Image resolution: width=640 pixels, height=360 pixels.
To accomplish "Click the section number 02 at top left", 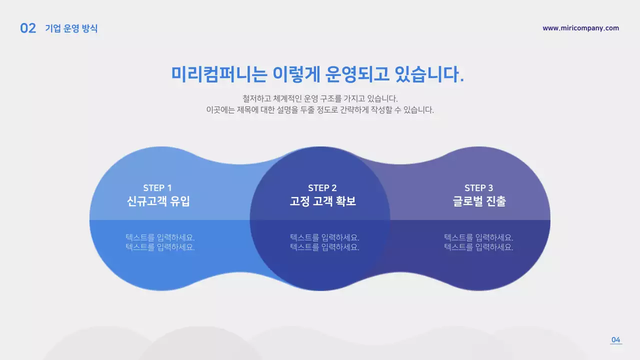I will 28,28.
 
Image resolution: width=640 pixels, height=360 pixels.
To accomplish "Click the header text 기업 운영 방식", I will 71,28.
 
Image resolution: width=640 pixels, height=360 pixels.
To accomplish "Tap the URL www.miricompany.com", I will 580,28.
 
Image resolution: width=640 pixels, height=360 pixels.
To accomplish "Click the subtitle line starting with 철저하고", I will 320,98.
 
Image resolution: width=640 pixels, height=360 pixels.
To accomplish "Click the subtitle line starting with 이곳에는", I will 320,110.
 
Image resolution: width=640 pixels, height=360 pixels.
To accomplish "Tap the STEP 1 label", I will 157,188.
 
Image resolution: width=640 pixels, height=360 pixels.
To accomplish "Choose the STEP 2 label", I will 322,188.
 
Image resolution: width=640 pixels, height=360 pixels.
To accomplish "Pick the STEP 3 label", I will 478,188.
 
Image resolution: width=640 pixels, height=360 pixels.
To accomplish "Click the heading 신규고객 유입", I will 158,201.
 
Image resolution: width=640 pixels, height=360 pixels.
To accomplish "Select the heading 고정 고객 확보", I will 323,201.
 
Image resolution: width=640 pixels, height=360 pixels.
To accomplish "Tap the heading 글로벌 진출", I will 479,201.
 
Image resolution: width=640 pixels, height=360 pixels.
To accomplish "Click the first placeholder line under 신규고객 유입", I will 160,237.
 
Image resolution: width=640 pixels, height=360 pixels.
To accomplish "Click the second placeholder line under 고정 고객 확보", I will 324,247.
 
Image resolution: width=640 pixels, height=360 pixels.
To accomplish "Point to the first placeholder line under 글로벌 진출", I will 478,237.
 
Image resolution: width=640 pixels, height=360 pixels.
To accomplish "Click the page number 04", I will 616,340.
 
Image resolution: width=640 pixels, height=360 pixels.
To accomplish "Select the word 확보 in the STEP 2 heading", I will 345,201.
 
